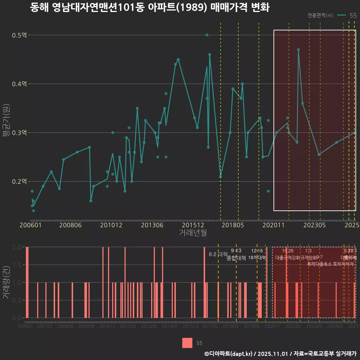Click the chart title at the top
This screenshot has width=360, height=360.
pyautogui.click(x=150, y=8)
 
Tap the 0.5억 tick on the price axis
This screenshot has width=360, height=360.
pyautogui.click(x=19, y=35)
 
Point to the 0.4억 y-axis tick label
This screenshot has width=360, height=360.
pyautogui.click(x=19, y=84)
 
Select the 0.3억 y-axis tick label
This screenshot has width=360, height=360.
pyautogui.click(x=19, y=133)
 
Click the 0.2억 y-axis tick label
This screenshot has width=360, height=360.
pyautogui.click(x=19, y=181)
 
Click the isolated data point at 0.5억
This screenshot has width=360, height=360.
pyautogui.click(x=207, y=35)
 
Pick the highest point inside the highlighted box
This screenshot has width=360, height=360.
pyautogui.click(x=298, y=49)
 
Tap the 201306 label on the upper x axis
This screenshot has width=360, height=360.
pyautogui.click(x=152, y=225)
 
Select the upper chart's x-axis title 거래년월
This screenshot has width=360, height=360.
pyautogui.click(x=193, y=233)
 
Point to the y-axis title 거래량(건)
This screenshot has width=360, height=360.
pyautogui.click(x=6, y=282)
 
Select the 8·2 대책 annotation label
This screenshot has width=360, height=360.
pyautogui.click(x=218, y=254)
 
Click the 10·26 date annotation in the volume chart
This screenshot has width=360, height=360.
pyautogui.click(x=288, y=251)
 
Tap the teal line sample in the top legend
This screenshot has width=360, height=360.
pyautogui.click(x=341, y=15)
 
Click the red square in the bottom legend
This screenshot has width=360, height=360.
pyautogui.click(x=187, y=343)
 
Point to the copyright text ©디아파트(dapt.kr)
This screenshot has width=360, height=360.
pyautogui.click(x=228, y=354)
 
